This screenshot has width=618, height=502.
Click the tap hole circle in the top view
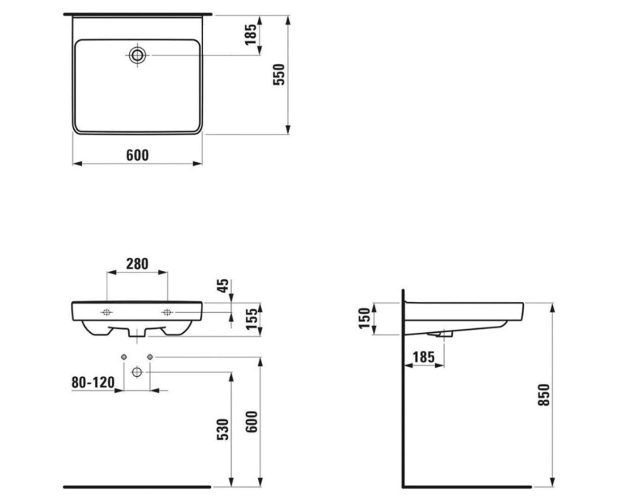[x=138, y=55]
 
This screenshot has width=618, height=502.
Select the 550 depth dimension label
[x=280, y=73]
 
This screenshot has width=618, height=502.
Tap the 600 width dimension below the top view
[x=137, y=155]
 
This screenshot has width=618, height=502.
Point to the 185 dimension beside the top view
[x=249, y=36]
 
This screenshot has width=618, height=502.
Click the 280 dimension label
[x=137, y=264]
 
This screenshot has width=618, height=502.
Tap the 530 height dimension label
[x=222, y=430]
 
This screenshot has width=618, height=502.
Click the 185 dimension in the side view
[x=423, y=357]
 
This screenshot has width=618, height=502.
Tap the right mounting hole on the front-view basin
[x=166, y=312]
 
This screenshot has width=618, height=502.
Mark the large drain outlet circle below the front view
[x=137, y=372]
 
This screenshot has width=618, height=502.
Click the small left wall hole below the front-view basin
[x=124, y=356]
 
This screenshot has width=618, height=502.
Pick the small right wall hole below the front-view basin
[x=150, y=356]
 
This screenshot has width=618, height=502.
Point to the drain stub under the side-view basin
[x=443, y=334]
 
